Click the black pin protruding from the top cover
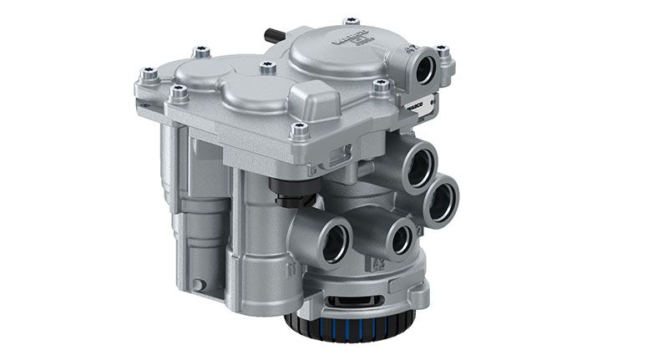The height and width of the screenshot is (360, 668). (x=270, y=36)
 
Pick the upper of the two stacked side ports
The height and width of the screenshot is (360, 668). (x=417, y=163)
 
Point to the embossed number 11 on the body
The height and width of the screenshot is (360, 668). (x=293, y=270)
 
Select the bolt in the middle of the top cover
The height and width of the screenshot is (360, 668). (x=267, y=68)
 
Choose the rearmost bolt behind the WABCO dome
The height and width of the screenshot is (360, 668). (x=352, y=20)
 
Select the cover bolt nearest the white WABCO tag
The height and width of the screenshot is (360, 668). (x=381, y=85)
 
